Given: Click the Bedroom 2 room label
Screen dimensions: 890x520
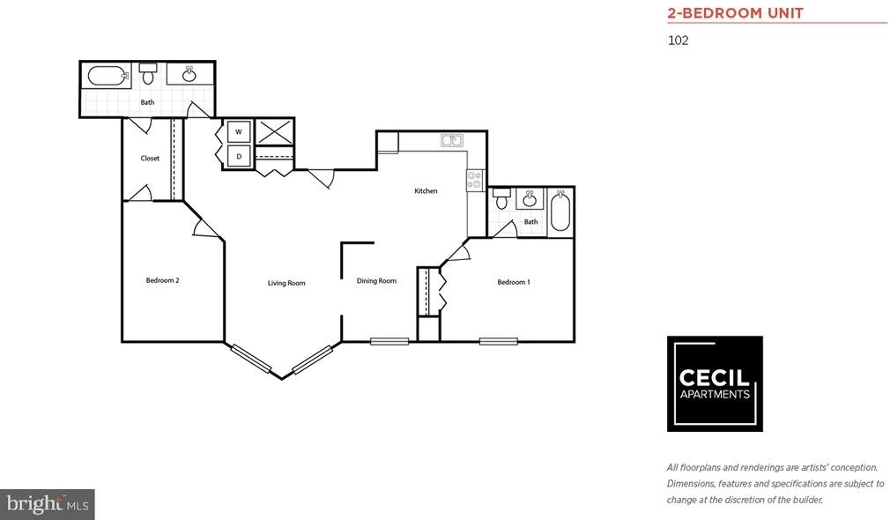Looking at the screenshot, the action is [162, 280].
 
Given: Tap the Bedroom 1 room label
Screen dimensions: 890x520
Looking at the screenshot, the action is [514, 282].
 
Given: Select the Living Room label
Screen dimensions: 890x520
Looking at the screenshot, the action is [286, 283].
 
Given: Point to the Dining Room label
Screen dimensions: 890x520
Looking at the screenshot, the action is [376, 281].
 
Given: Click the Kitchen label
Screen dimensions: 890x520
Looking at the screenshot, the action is [426, 191].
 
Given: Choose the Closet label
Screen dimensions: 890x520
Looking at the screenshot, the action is [150, 159].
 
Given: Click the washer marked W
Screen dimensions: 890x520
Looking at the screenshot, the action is [239, 131].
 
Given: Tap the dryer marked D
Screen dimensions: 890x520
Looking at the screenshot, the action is [239, 156].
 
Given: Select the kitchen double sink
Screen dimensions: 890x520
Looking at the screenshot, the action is [452, 141].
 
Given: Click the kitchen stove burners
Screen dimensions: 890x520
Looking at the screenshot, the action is [474, 181].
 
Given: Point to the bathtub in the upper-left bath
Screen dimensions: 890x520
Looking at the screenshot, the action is [107, 76].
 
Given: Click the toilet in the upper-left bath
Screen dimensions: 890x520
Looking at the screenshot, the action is [148, 73].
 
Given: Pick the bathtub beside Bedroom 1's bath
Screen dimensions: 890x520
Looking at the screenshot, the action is [560, 212].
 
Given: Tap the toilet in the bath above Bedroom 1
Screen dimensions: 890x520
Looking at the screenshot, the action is [501, 198].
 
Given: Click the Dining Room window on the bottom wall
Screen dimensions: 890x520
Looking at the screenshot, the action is [389, 341].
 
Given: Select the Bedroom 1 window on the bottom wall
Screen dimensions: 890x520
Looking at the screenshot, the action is [499, 341].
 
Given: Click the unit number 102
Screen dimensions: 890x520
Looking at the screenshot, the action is [679, 41].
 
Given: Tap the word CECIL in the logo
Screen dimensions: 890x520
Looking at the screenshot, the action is [715, 378].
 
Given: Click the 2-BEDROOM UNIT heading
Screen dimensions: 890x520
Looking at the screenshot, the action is [735, 13].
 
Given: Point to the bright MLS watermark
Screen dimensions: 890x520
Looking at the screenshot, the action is [47, 504].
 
